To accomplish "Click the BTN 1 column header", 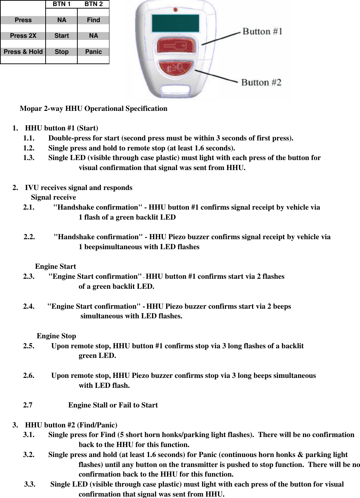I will point(61,4).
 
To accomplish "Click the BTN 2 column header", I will point(93,4).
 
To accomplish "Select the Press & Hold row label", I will point(23,52).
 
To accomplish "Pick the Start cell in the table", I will point(61,36).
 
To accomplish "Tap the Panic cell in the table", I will point(93,52).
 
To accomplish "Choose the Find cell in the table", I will point(93,20).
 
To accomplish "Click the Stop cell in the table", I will point(61,52).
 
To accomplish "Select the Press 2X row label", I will point(23,36).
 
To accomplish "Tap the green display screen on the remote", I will point(175,24).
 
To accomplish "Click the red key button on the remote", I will point(175,46).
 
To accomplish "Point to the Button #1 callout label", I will point(262,31).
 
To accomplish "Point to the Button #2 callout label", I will point(261,82).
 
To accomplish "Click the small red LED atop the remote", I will point(175,10).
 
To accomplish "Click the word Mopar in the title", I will point(31,108).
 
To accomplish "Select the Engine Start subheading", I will point(55,266).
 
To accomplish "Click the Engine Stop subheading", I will point(56,336).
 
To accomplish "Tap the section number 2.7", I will point(28,405).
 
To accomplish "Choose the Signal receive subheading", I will point(53,197).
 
